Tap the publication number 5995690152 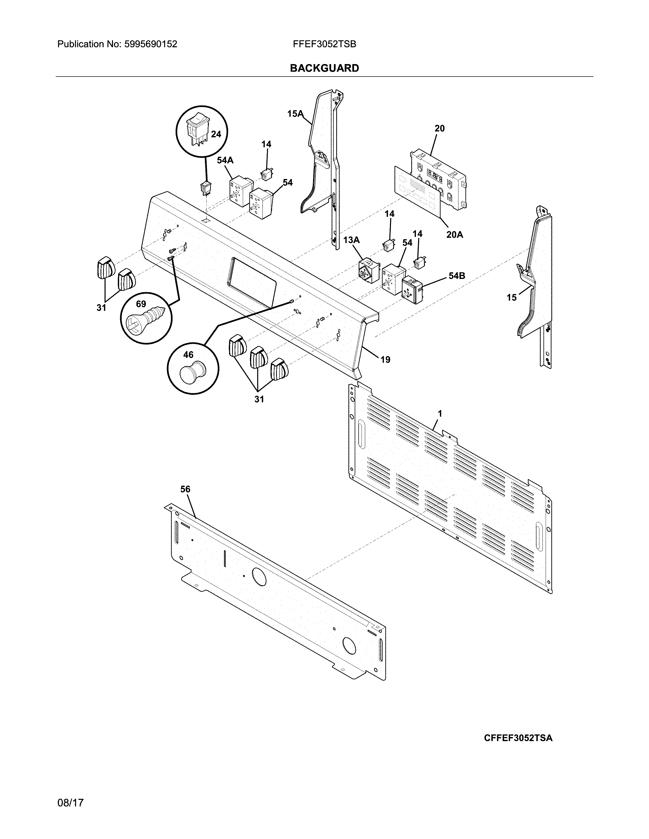pyautogui.click(x=150, y=44)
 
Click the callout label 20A pyautogui.click(x=455, y=234)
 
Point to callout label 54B pyautogui.click(x=457, y=276)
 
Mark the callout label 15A pyautogui.click(x=295, y=114)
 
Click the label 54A pyautogui.click(x=225, y=160)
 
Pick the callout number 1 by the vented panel pyautogui.click(x=440, y=414)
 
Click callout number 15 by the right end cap pyautogui.click(x=511, y=297)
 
